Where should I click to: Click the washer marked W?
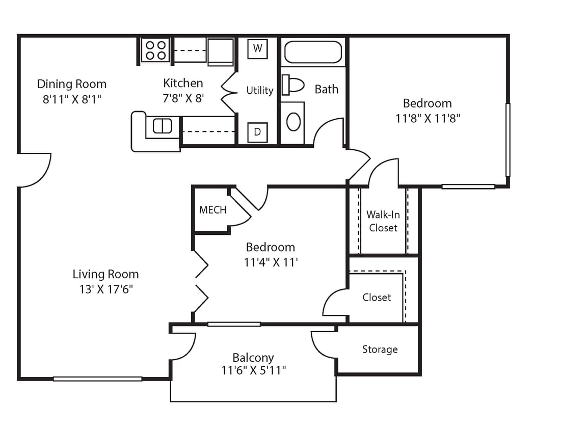point(257,48)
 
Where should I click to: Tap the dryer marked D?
point(257,132)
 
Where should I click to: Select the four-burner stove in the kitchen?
point(155,50)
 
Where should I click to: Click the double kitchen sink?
point(163,126)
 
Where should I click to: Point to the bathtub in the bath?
point(312,52)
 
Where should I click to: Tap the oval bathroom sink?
point(293,122)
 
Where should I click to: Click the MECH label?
point(212,210)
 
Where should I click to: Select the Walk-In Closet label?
point(383,221)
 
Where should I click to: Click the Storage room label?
point(380,350)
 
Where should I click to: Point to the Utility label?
point(260,90)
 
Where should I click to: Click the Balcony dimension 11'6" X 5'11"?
point(253,370)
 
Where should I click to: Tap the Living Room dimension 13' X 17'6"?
point(105,289)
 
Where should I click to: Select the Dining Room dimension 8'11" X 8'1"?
point(72,99)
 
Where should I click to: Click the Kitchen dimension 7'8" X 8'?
point(183,98)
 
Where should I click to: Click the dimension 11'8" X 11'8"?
point(427,119)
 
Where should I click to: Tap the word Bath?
point(326,89)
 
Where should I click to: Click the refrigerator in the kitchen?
point(221,52)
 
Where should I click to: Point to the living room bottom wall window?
point(97,379)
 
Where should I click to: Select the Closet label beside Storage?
point(377,298)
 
